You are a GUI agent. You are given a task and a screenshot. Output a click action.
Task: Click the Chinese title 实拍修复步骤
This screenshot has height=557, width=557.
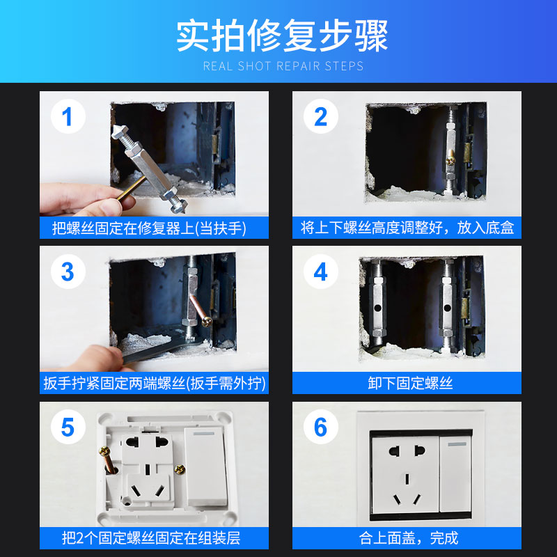(x=282, y=36)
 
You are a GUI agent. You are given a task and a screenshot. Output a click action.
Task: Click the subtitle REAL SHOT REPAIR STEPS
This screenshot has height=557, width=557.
(x=283, y=66)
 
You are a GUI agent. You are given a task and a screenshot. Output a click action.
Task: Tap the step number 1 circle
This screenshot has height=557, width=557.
(x=68, y=116)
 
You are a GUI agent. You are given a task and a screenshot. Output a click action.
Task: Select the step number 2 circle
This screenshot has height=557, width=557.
(x=321, y=116)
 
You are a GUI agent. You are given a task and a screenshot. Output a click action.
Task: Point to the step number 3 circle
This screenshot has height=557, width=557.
(x=68, y=272)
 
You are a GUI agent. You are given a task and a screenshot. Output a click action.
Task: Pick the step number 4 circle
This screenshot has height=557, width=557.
(x=321, y=272)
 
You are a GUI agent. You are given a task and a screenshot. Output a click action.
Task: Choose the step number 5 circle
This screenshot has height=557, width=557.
(x=68, y=427)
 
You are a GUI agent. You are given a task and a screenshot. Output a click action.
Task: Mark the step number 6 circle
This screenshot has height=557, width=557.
(x=321, y=427)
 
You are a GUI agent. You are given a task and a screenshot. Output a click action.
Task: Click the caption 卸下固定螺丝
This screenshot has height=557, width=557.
(x=410, y=384)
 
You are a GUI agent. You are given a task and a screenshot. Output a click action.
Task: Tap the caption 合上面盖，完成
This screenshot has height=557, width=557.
(x=409, y=538)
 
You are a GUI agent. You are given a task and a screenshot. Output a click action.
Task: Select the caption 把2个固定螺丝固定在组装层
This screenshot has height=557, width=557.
(x=151, y=538)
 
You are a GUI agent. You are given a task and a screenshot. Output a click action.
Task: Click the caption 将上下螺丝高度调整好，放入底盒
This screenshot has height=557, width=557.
(x=407, y=228)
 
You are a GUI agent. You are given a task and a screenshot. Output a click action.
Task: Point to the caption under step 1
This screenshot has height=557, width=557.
(x=149, y=228)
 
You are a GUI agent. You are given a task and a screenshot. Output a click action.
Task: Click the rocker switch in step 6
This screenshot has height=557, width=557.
(x=456, y=473)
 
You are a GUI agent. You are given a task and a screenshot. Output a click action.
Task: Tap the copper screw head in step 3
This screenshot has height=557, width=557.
(x=207, y=322)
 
